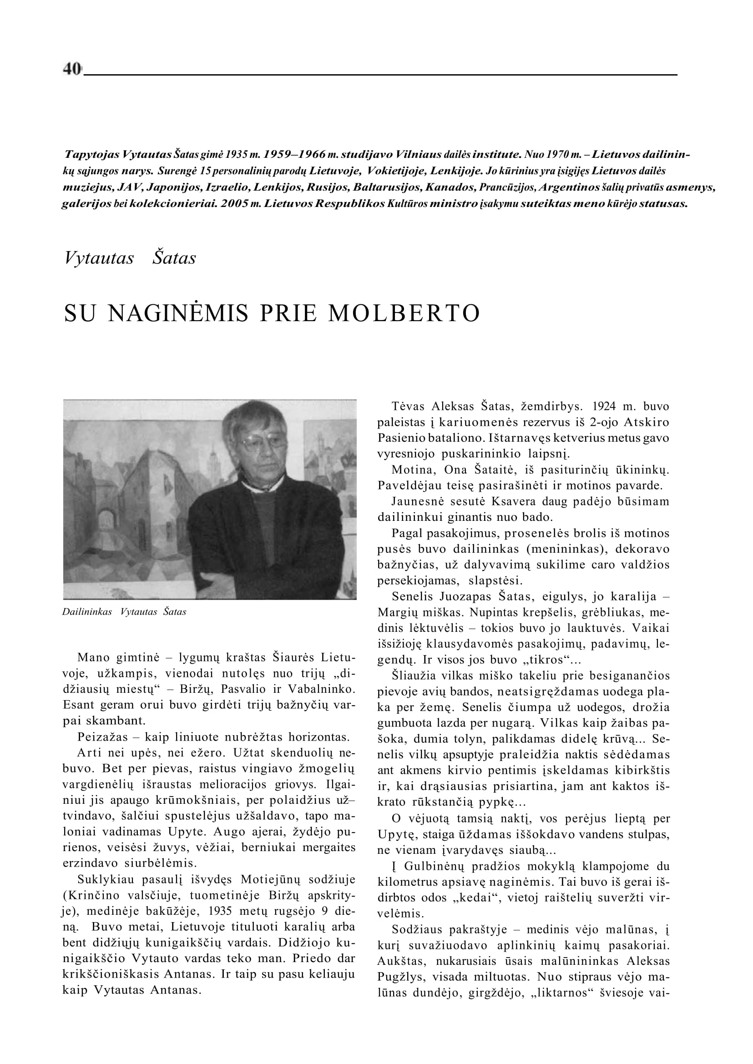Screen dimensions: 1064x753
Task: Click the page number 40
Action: coord(72,69)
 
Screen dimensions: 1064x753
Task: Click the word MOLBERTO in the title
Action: coord(404,313)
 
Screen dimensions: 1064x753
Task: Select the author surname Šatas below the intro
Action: coord(174,258)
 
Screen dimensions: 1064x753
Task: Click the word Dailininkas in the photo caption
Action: coord(87,612)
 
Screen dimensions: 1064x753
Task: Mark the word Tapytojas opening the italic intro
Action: coord(93,154)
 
